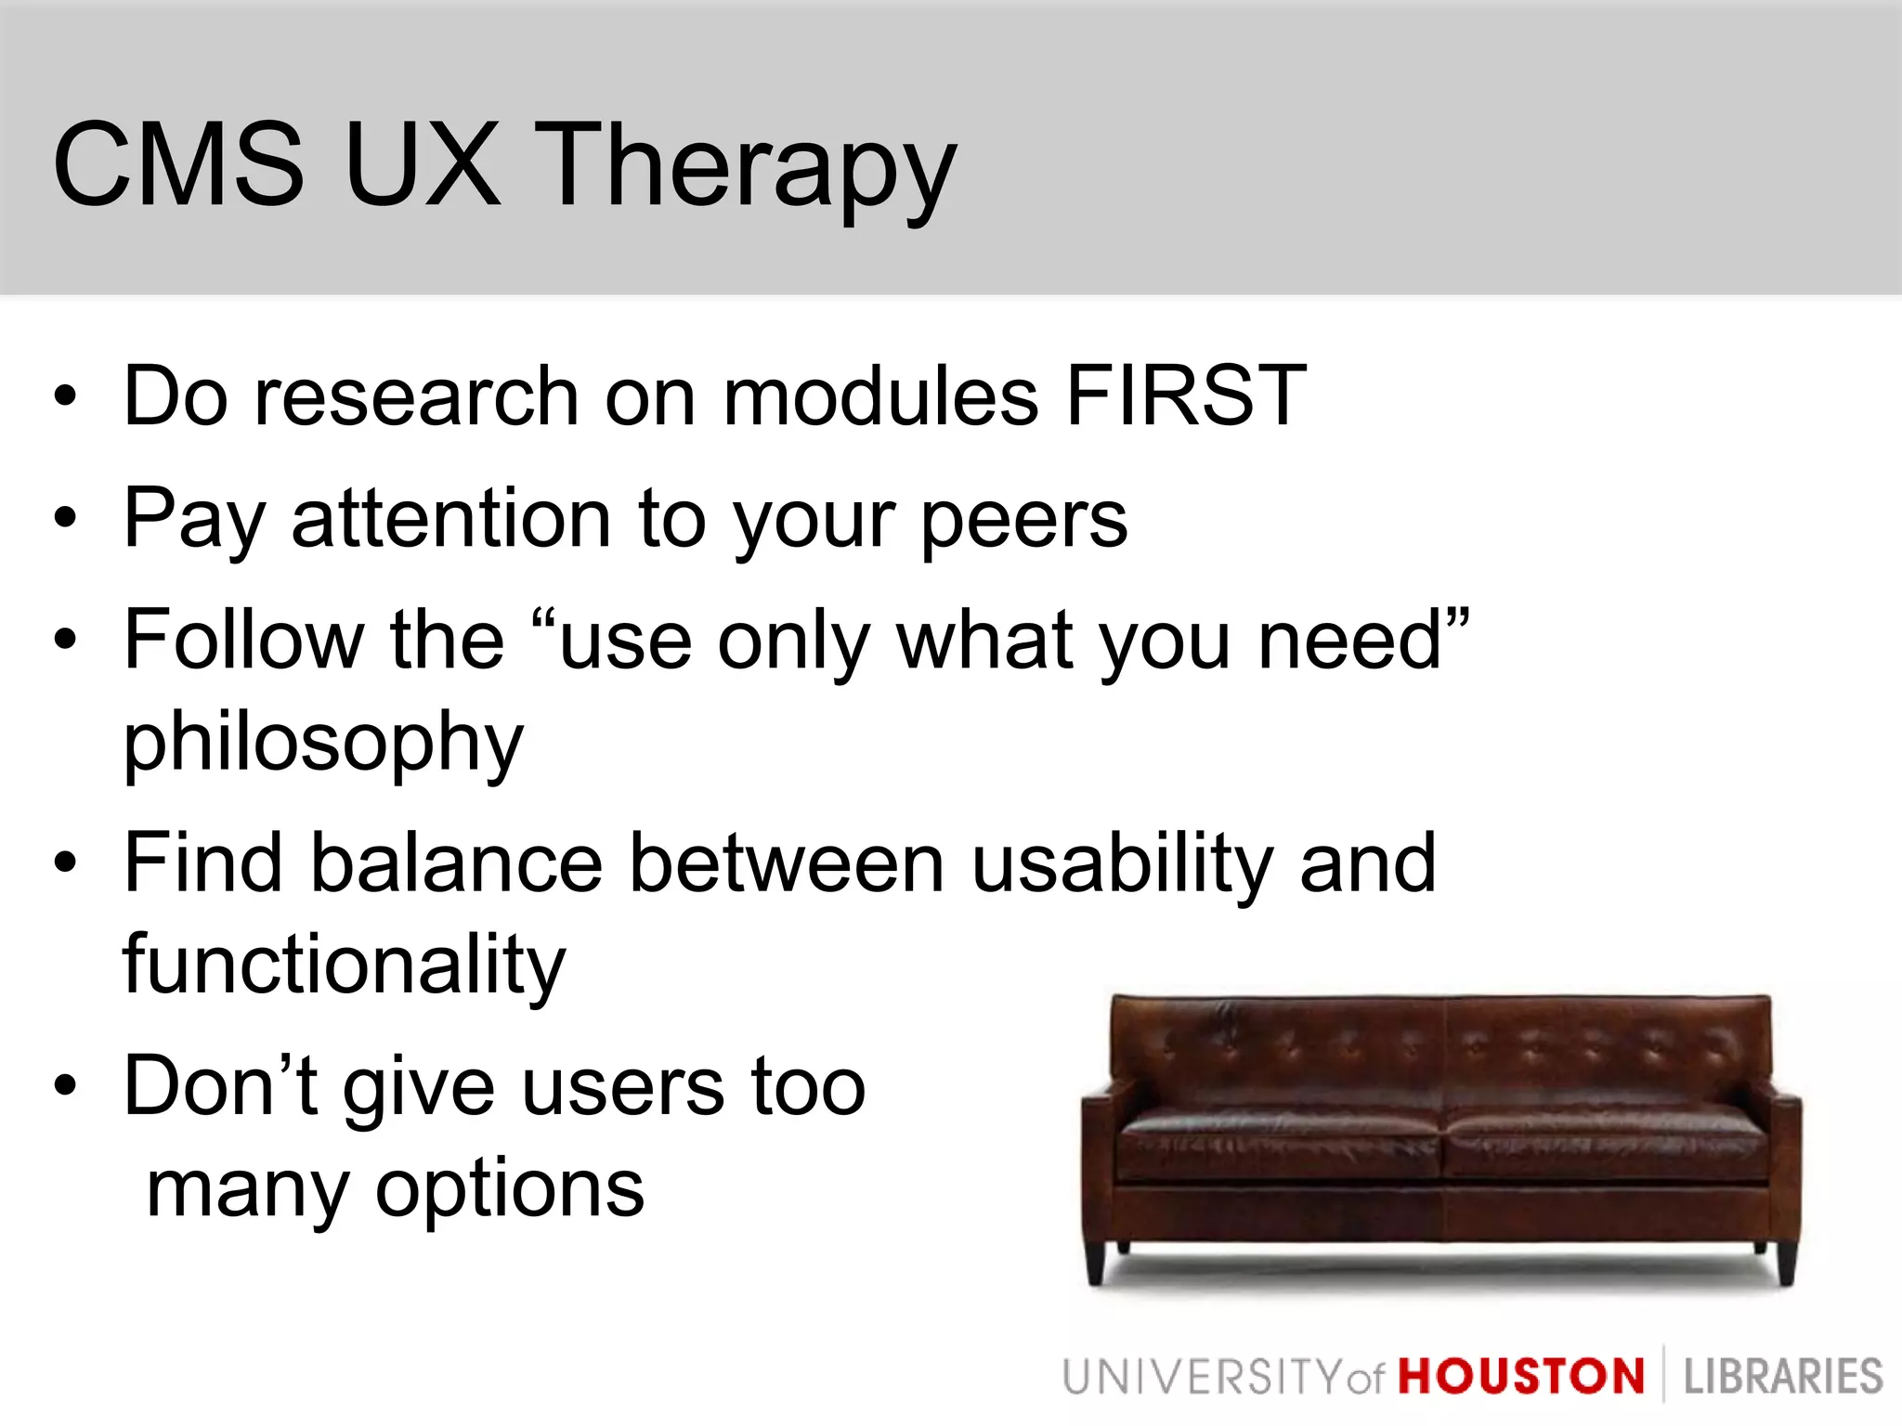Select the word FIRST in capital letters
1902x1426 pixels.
1186,396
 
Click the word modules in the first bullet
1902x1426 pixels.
879,396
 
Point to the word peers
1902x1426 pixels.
1023,520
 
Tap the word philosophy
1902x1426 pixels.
323,743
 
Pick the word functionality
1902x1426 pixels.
344,966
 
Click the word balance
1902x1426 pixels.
455,863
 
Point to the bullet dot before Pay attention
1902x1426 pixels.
64,516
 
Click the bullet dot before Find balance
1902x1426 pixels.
64,862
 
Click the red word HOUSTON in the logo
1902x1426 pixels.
1521,1377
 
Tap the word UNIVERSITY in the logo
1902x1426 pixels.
1202,1377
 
